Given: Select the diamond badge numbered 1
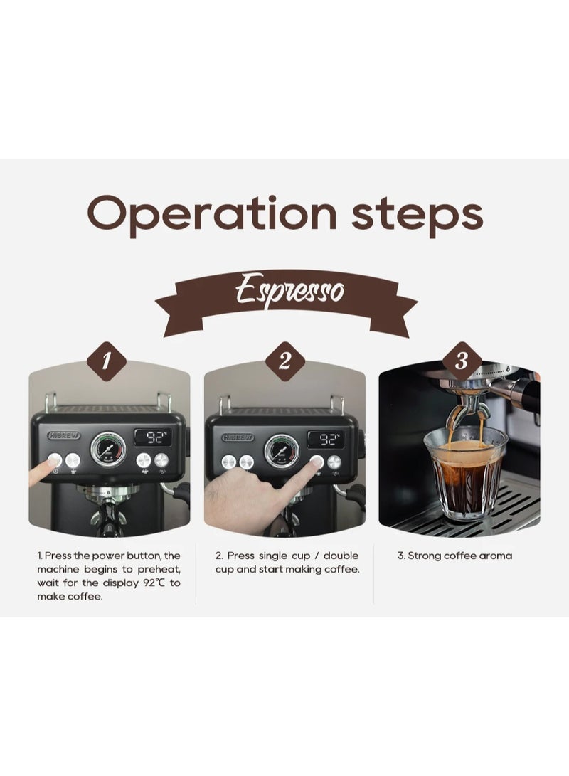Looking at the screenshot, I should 107,361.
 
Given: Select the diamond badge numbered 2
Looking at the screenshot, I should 285,361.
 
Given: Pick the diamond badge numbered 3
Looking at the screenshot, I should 461,361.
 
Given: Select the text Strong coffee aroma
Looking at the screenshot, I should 454,556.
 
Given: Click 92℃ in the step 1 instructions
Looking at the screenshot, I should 151,583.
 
